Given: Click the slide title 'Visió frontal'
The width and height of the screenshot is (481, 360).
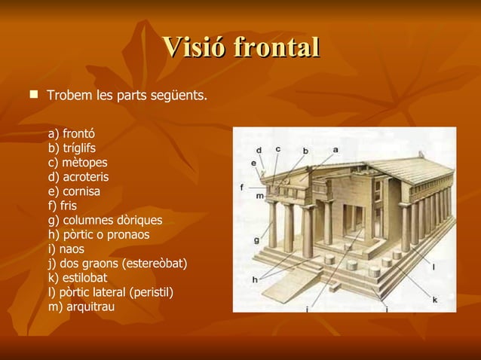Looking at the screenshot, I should [240, 47].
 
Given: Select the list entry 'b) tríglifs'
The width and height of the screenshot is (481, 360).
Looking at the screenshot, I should [72, 148].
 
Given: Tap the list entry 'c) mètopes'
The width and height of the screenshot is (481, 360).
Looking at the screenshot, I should [78, 163].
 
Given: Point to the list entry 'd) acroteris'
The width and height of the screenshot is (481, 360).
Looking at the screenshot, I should [78, 177].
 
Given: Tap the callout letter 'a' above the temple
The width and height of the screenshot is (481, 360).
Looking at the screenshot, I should [335, 150].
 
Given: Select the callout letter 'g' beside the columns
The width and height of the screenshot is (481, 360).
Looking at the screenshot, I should [257, 240].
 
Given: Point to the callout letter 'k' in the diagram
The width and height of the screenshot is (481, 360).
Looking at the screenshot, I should [435, 299].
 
